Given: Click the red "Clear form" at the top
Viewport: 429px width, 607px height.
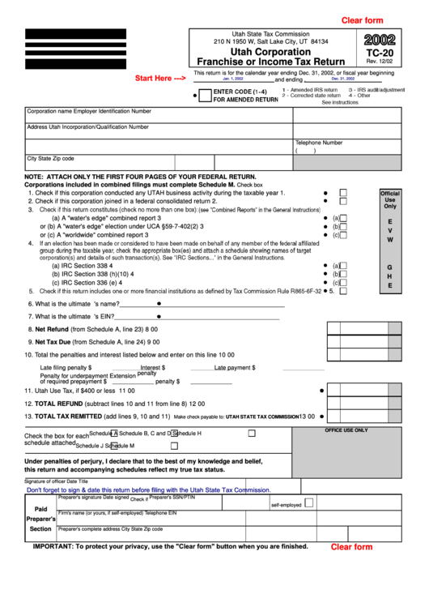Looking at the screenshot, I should (362, 20).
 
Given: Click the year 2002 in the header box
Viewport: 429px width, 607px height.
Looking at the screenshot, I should (380, 39).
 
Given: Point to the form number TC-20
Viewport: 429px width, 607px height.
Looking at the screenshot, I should (380, 52).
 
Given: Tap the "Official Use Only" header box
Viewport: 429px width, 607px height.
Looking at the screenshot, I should (390, 199).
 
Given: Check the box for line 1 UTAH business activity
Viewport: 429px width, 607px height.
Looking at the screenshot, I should (343, 193).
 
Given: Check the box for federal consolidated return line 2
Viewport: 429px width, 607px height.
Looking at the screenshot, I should (343, 201).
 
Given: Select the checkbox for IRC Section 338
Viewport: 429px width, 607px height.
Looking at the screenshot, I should (343, 266).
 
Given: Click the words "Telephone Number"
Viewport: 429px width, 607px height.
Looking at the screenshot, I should (318, 143).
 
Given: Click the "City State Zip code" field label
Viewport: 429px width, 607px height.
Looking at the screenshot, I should (51, 159).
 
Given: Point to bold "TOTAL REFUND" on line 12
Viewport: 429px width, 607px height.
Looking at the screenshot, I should (59, 403).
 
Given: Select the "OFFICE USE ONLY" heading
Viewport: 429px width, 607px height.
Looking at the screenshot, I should (346, 430).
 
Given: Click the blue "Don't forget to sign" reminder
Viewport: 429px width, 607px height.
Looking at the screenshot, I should (149, 490).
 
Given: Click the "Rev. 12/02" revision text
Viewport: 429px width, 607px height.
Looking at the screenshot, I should (380, 63).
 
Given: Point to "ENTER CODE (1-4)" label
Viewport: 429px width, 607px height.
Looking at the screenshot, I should (240, 92).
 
